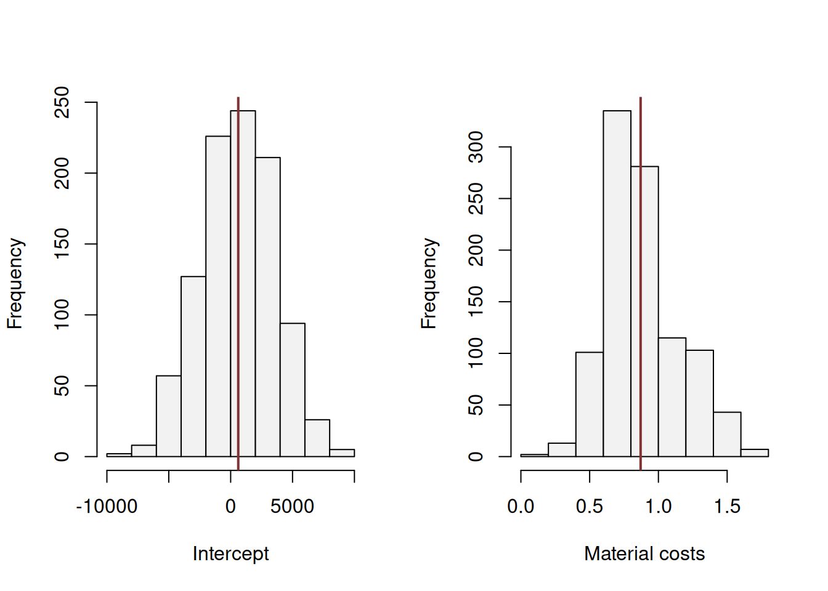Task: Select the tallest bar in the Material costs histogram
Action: pyautogui.click(x=617, y=283)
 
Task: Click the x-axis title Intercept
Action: pyautogui.click(x=230, y=553)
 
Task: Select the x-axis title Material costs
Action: pyautogui.click(x=644, y=553)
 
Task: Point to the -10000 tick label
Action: pyautogui.click(x=107, y=507)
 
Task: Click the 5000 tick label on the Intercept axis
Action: pyautogui.click(x=292, y=507)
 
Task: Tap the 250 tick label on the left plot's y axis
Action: pyautogui.click(x=62, y=102)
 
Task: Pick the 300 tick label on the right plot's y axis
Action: pyautogui.click(x=476, y=147)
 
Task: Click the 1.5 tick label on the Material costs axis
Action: pyautogui.click(x=727, y=507)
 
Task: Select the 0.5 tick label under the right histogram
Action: pyautogui.click(x=590, y=507)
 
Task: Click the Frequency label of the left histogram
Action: pyautogui.click(x=15, y=283)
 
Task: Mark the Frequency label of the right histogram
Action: pyautogui.click(x=429, y=283)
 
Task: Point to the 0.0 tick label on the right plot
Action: pyautogui.click(x=521, y=507)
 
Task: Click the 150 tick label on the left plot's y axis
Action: pyautogui.click(x=62, y=244)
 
